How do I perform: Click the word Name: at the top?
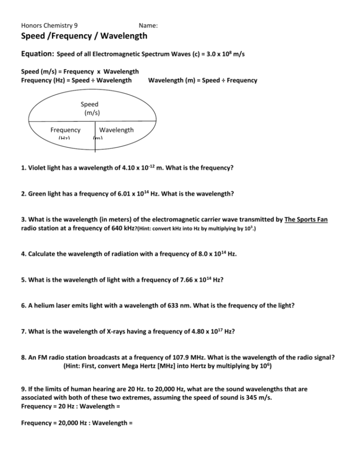click(x=148, y=25)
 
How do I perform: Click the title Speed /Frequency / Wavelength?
click(x=85, y=37)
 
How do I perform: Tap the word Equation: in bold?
click(x=38, y=54)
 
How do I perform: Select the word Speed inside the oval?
click(x=89, y=104)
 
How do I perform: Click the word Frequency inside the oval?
click(x=65, y=130)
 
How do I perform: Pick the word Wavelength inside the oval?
click(x=116, y=130)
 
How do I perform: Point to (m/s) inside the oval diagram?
click(x=92, y=113)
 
